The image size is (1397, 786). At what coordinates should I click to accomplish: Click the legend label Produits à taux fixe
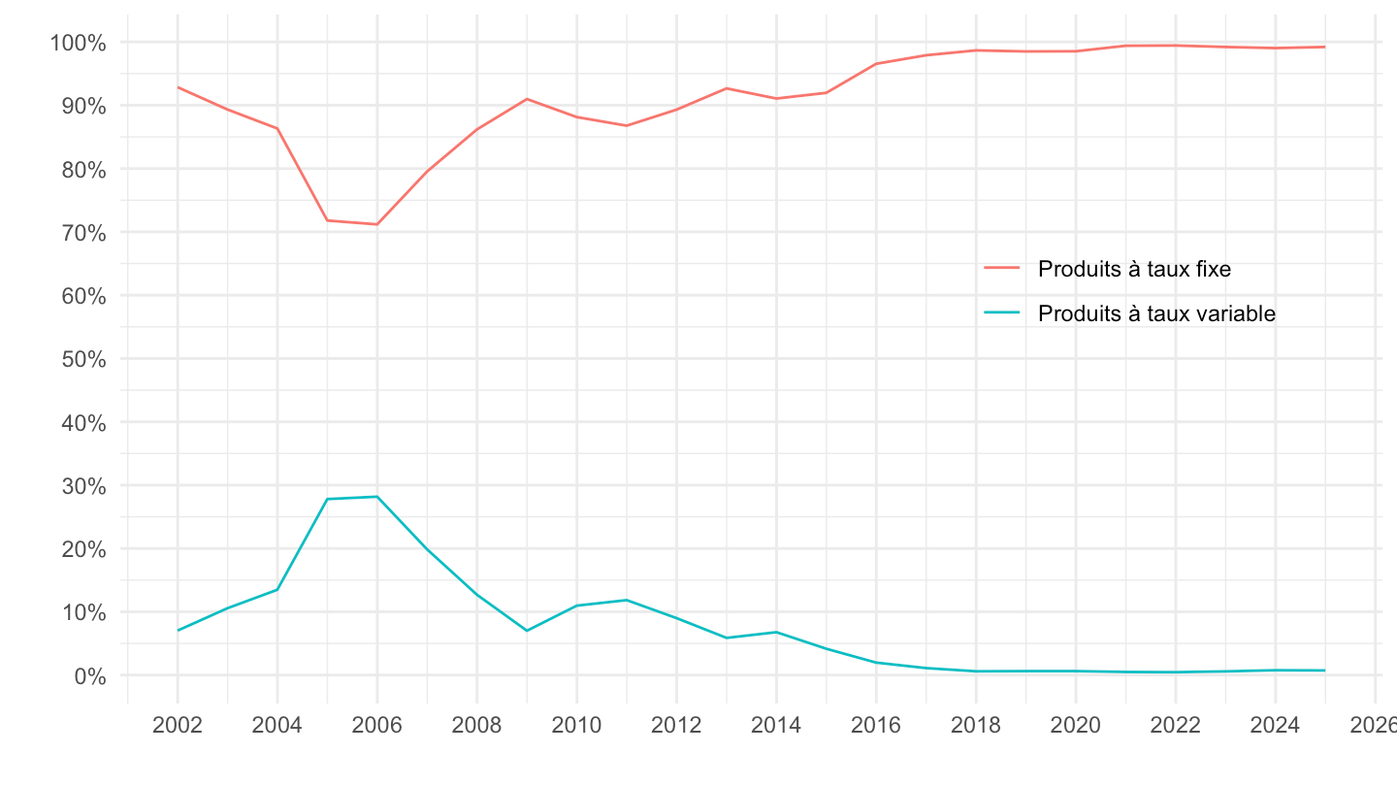click(x=1134, y=269)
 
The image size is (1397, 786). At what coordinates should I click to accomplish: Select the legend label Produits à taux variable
click(x=1156, y=313)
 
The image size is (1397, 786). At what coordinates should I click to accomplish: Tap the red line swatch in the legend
click(x=1002, y=268)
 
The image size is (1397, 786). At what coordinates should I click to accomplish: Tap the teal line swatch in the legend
click(x=1002, y=312)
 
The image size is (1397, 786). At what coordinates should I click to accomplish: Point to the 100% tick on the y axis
click(x=78, y=43)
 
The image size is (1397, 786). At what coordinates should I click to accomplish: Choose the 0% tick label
click(x=89, y=675)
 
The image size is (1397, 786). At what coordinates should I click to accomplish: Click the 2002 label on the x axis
click(x=178, y=725)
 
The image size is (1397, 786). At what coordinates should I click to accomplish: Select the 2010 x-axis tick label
click(x=576, y=725)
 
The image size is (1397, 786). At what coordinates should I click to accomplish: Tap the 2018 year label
click(x=976, y=725)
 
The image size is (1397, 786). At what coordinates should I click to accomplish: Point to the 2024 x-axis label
click(x=1275, y=725)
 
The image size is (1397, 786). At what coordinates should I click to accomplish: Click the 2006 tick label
click(x=376, y=725)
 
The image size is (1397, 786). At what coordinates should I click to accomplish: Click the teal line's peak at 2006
click(x=376, y=497)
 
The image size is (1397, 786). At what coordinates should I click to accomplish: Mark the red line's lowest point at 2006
click(x=376, y=224)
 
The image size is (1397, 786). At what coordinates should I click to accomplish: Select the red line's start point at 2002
click(x=178, y=87)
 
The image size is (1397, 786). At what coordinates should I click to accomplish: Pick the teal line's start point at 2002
click(x=178, y=631)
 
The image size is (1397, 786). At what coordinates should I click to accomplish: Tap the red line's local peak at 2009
click(x=527, y=99)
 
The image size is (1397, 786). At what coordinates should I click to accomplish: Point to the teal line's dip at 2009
click(x=527, y=631)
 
